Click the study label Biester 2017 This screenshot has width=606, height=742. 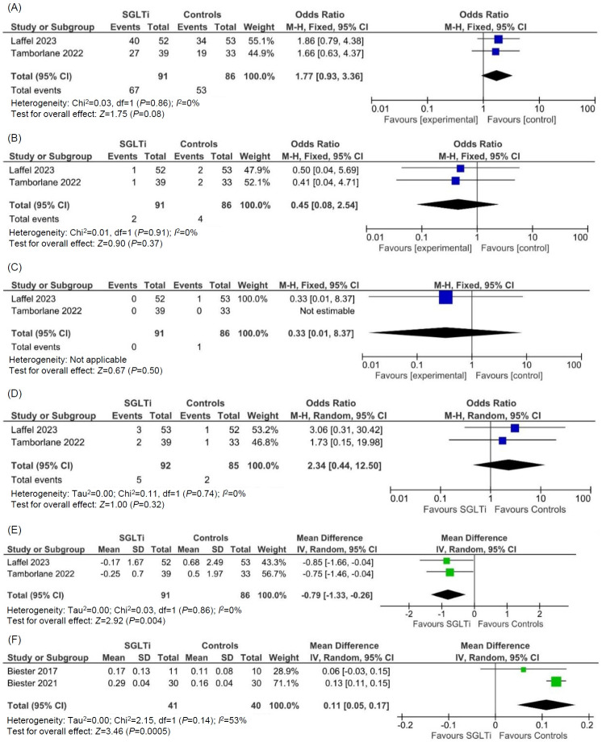click(x=35, y=668)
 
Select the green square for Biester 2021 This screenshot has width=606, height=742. click(x=556, y=682)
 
